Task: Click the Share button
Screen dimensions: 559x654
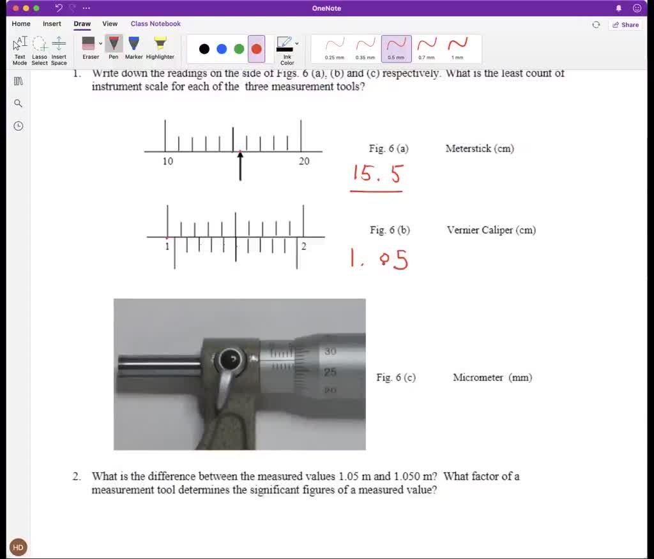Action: tap(625, 25)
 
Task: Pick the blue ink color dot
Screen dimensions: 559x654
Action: tap(222, 49)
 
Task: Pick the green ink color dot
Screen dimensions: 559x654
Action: tap(239, 49)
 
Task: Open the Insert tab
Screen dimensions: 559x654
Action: tap(52, 24)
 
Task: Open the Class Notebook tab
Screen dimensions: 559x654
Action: tap(155, 24)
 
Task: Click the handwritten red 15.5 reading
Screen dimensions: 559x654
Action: tap(377, 174)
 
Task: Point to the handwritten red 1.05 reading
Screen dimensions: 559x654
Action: tap(379, 259)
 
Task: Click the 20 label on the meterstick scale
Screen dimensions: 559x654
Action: tap(304, 161)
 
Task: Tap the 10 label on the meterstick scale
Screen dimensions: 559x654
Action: tap(167, 161)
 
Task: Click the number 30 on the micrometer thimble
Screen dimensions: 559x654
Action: tap(330, 352)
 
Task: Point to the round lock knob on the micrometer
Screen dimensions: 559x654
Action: tap(229, 361)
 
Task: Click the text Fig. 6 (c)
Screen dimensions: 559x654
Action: tap(396, 377)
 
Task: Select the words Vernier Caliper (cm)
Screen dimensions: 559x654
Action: tap(491, 230)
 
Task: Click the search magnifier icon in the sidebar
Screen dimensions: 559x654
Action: tap(18, 103)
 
